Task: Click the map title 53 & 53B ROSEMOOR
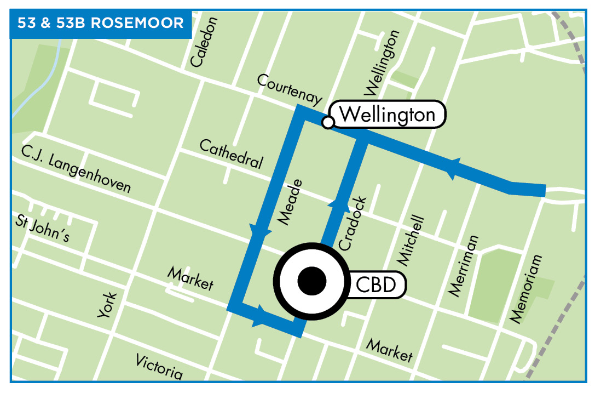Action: point(100,24)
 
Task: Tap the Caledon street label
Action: point(205,43)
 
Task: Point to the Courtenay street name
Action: point(289,89)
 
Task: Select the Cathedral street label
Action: point(231,154)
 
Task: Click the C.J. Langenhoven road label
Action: point(76,168)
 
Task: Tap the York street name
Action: point(107,305)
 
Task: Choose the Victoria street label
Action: point(159,366)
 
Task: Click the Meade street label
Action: point(291,201)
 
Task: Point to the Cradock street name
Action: point(352,224)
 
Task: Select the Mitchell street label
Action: point(412,240)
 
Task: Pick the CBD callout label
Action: point(376,285)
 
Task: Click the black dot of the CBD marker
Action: point(311,281)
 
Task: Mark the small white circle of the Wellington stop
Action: point(327,122)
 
